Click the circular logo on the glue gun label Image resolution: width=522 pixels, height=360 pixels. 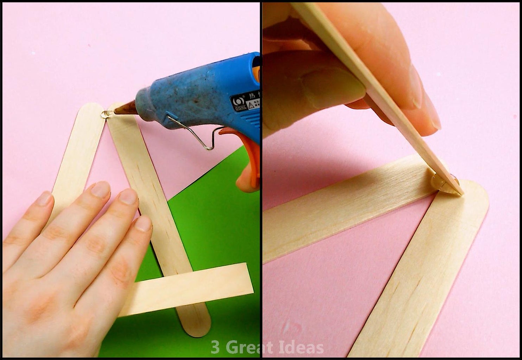tap(237, 101)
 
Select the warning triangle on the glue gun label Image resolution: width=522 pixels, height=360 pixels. tap(251, 104)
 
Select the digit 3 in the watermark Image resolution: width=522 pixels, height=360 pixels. tap(215, 347)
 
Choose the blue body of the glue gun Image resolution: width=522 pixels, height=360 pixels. tap(197, 91)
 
